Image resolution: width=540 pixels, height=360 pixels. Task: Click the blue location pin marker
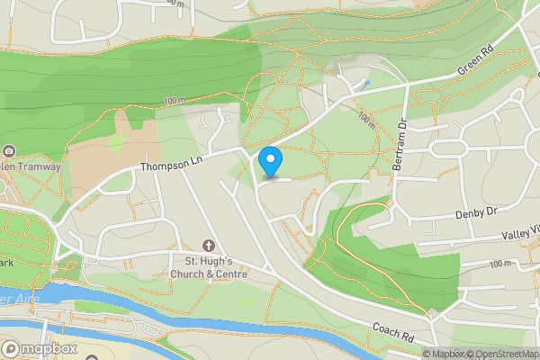coord(270,162)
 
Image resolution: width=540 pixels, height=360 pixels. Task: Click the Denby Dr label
coord(476,212)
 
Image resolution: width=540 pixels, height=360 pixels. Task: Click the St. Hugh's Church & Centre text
coord(209,267)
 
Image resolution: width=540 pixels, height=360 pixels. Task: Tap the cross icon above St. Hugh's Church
coord(210,246)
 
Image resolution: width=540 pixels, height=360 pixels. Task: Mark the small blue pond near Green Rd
coord(366,84)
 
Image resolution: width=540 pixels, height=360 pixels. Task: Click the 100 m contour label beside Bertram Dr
coord(366,120)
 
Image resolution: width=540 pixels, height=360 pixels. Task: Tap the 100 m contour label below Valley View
coord(499,265)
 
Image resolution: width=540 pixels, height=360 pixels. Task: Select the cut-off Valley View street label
coord(519,235)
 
